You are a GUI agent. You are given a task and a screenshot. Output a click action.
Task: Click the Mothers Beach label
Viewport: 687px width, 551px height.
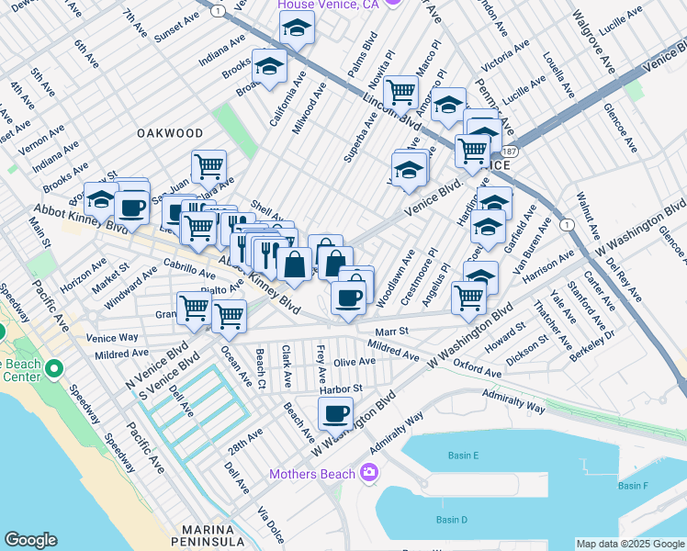pyautogui.click(x=311, y=474)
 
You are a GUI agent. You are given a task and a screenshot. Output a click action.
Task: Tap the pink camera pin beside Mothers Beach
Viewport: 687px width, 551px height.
pyautogui.click(x=369, y=473)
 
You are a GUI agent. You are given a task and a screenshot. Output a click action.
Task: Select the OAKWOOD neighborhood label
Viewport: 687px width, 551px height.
pyautogui.click(x=169, y=133)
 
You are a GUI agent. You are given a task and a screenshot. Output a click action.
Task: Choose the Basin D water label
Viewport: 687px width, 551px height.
pyautogui.click(x=452, y=520)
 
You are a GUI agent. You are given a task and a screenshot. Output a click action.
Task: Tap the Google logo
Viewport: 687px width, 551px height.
pyautogui.click(x=30, y=540)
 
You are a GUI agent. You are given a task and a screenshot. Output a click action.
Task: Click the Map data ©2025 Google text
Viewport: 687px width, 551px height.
pyautogui.click(x=629, y=544)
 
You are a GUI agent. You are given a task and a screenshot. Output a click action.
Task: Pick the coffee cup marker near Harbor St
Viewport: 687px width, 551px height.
pyautogui.click(x=336, y=413)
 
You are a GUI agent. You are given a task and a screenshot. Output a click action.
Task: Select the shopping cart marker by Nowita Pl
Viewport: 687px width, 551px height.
pyautogui.click(x=401, y=91)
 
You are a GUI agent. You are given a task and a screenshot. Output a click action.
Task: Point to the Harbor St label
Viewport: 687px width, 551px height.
pyautogui.click(x=342, y=389)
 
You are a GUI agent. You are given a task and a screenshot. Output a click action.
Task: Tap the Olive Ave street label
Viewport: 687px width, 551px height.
pyautogui.click(x=355, y=362)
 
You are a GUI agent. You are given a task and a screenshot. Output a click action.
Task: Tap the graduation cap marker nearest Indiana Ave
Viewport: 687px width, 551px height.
pyautogui.click(x=270, y=67)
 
